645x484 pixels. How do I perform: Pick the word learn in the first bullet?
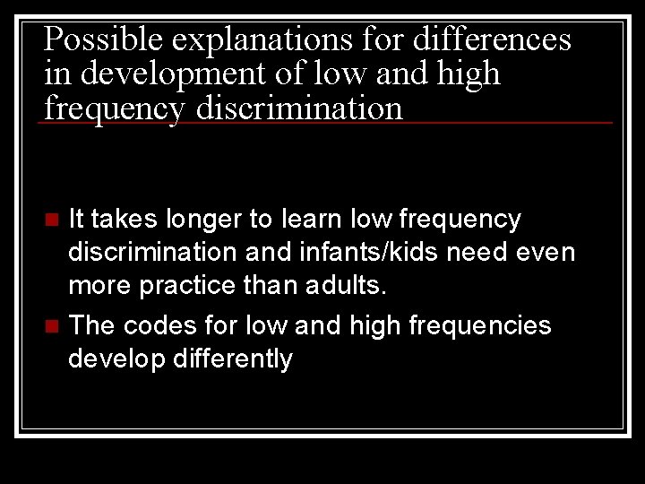coord(315,219)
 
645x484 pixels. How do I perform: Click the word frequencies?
coord(480,324)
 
